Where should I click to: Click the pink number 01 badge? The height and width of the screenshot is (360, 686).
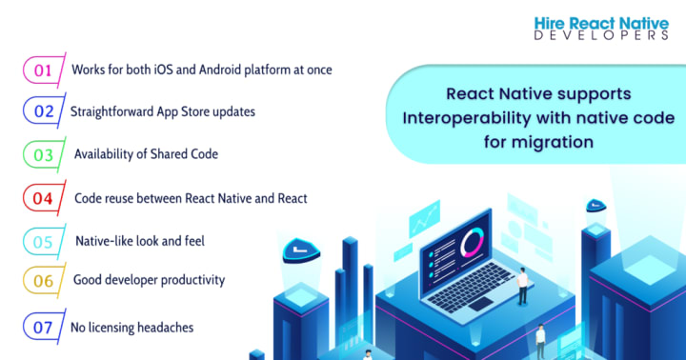tap(44, 70)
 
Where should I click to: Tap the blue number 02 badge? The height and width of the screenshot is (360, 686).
tap(44, 111)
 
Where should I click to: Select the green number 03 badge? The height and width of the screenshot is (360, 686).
tap(44, 155)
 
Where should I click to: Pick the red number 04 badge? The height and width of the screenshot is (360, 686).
tap(44, 198)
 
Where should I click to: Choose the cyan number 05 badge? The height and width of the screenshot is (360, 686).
tap(44, 242)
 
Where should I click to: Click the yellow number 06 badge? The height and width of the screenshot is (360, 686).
tap(44, 281)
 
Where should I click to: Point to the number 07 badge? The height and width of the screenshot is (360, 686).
tap(44, 328)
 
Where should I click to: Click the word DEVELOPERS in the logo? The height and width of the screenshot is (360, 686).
tap(601, 35)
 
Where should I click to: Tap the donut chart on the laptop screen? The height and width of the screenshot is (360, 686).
tap(472, 242)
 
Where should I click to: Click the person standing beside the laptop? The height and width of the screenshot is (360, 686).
tap(522, 286)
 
